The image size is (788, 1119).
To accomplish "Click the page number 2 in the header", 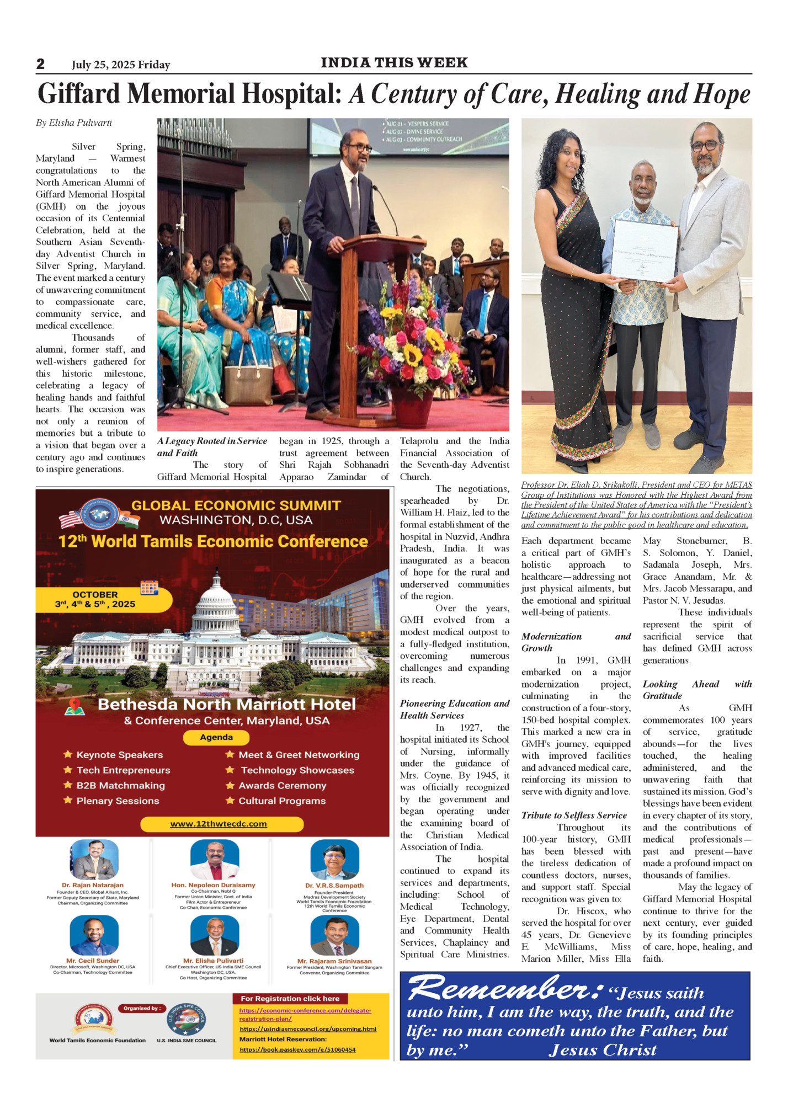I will click(40, 64).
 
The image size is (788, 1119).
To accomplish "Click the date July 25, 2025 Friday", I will click(121, 65).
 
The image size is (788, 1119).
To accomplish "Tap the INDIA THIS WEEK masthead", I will click(394, 63).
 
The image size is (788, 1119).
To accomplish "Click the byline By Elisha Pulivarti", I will click(74, 122).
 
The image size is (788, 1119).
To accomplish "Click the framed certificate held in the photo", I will click(644, 250).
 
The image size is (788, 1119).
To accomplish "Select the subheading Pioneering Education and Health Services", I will click(454, 709).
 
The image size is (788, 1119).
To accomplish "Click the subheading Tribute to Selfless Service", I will click(574, 815).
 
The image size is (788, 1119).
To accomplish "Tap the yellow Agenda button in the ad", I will click(216, 737).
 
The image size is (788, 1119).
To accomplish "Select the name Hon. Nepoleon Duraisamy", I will click(213, 885).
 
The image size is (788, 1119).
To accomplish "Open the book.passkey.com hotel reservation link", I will click(297, 1049).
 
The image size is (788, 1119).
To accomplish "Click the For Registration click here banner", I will click(290, 998).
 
